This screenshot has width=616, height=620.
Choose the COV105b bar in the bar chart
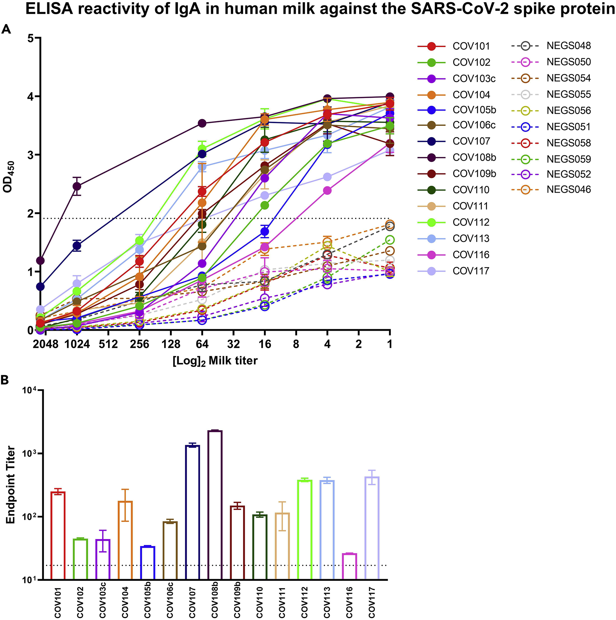[x=148, y=563]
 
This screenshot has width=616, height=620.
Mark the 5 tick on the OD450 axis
[x=31, y=38]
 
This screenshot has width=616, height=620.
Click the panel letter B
[x=5, y=380]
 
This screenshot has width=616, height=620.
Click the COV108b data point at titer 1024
[x=77, y=186]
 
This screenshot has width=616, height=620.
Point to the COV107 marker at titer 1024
[x=77, y=246]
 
